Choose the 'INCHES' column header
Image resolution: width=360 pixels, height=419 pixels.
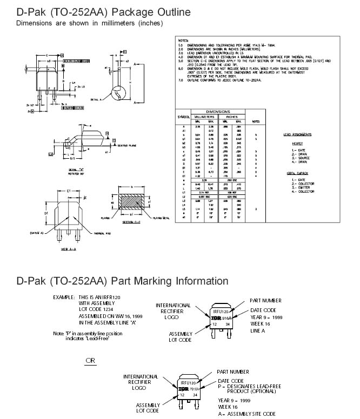pyautogui.click(x=231, y=117)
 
